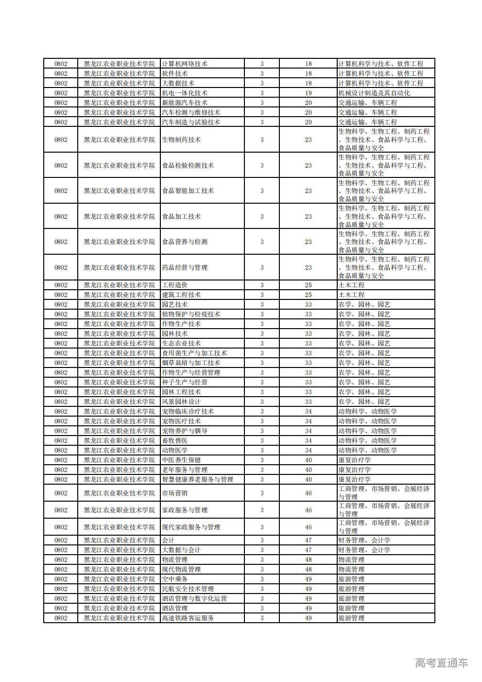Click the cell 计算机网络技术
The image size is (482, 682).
(x=185, y=64)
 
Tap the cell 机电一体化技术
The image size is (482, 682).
(x=185, y=93)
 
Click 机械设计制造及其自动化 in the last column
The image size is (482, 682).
(x=374, y=93)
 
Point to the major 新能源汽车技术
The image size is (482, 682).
(x=185, y=103)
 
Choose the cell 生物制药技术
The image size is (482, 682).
(x=181, y=140)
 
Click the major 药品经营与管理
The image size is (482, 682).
(x=185, y=267)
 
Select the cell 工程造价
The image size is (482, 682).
(x=175, y=285)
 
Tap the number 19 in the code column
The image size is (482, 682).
(x=309, y=93)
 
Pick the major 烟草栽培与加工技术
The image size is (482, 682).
(x=191, y=363)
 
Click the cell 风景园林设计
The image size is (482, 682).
(x=181, y=402)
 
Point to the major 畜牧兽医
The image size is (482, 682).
(x=175, y=440)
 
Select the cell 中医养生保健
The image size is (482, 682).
(x=181, y=460)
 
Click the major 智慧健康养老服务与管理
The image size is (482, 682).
(x=197, y=479)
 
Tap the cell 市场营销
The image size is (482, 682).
(x=175, y=493)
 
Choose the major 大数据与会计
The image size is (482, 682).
(x=181, y=550)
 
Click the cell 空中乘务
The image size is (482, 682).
(x=175, y=579)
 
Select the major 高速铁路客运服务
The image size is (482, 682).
(x=188, y=618)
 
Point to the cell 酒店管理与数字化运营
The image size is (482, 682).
(x=194, y=598)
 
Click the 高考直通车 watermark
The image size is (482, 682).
(x=442, y=663)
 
